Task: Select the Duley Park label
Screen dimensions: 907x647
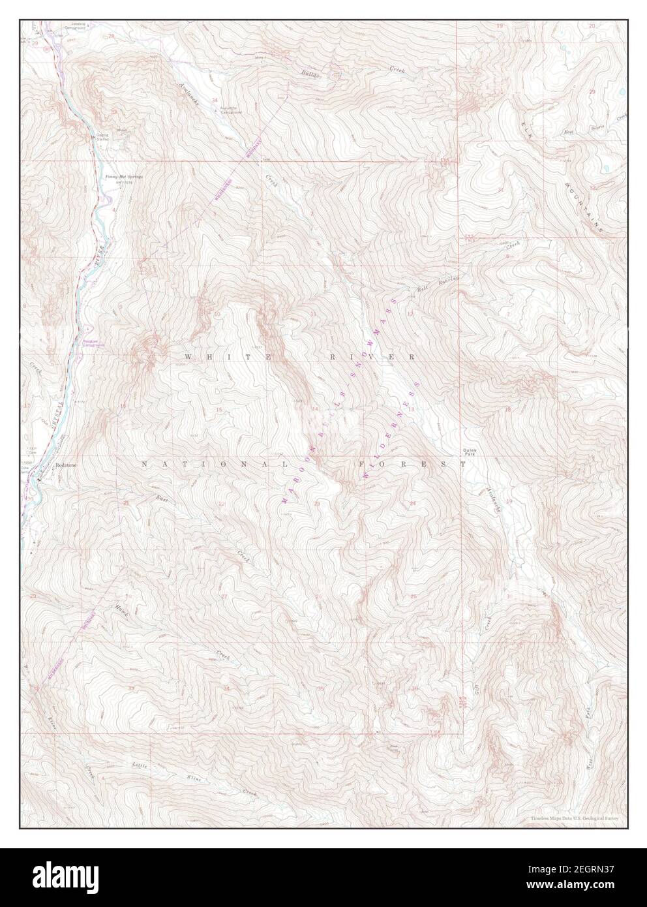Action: pos(470,451)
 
